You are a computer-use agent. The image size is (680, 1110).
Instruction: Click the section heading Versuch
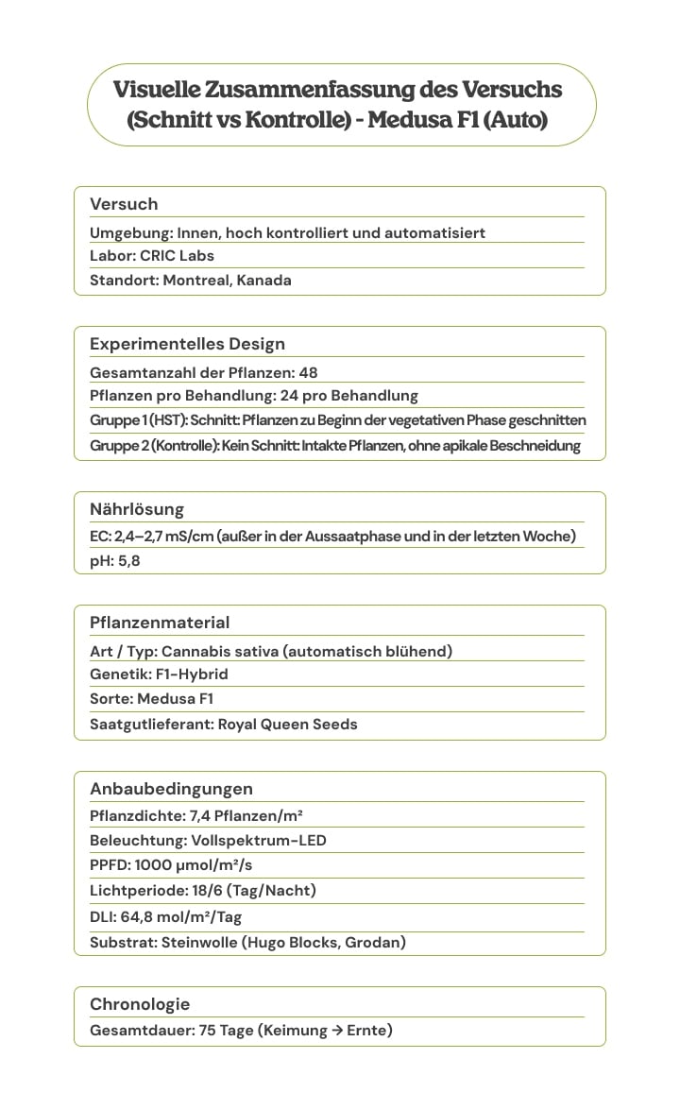point(124,204)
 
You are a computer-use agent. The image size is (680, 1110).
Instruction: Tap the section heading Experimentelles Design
point(187,344)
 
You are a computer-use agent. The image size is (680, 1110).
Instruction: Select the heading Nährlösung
point(137,509)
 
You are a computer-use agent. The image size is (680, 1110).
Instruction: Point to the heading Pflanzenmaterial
point(160,623)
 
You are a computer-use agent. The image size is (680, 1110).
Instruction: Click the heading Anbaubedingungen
point(171,789)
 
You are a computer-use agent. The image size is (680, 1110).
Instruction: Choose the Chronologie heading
point(140,1004)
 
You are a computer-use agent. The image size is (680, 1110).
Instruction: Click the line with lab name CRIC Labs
point(152,255)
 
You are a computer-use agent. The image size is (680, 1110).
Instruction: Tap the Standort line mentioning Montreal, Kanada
point(190,281)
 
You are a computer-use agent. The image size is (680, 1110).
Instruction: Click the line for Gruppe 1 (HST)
point(337,420)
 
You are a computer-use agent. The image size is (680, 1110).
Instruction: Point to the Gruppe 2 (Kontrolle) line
point(334,446)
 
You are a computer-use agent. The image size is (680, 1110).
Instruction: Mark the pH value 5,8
point(128,561)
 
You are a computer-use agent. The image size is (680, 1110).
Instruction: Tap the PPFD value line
point(171,865)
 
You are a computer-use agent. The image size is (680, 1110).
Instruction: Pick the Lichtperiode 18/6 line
point(202,891)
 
